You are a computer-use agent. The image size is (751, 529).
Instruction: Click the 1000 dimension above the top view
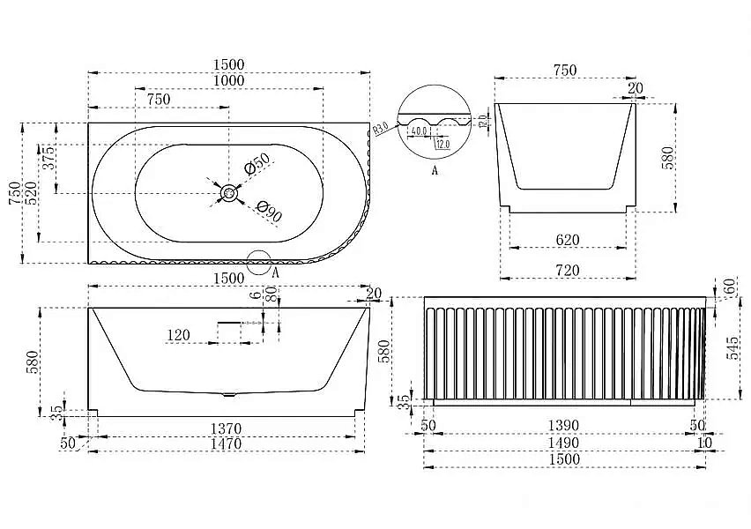click(227, 80)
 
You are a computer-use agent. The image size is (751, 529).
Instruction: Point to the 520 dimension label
click(32, 193)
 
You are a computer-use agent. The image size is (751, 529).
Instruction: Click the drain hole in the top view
click(229, 191)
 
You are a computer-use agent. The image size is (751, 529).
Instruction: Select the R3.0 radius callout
click(381, 129)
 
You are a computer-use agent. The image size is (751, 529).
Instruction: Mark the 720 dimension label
click(568, 271)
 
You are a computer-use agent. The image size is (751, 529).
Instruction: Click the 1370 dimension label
click(227, 428)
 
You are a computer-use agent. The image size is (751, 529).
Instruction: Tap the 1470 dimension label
click(227, 444)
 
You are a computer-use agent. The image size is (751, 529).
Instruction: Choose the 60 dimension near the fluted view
click(730, 287)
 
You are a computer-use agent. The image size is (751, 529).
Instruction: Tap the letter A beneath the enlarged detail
click(435, 171)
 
